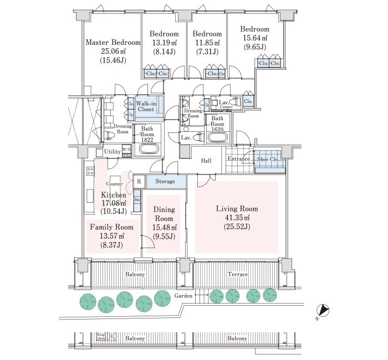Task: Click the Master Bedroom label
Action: coord(113,43)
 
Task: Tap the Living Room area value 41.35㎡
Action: coord(237,218)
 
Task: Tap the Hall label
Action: coord(206,161)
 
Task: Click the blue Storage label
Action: coord(165,182)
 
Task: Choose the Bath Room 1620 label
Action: coord(217,122)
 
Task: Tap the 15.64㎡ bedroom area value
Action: coord(255,38)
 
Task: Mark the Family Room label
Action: coord(111,227)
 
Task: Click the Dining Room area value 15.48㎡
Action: coord(164,228)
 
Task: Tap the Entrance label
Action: coord(239,159)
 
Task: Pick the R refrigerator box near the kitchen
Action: coord(139,182)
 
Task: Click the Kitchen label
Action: coord(114,195)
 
